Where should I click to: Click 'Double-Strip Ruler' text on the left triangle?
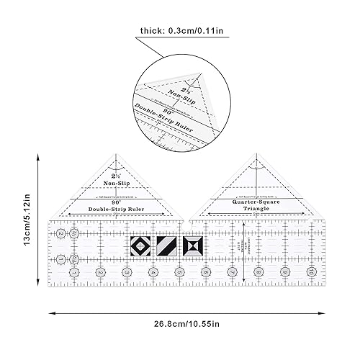[117, 209]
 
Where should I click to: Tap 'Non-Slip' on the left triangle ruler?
[117, 184]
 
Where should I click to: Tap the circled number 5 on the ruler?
[179, 273]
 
